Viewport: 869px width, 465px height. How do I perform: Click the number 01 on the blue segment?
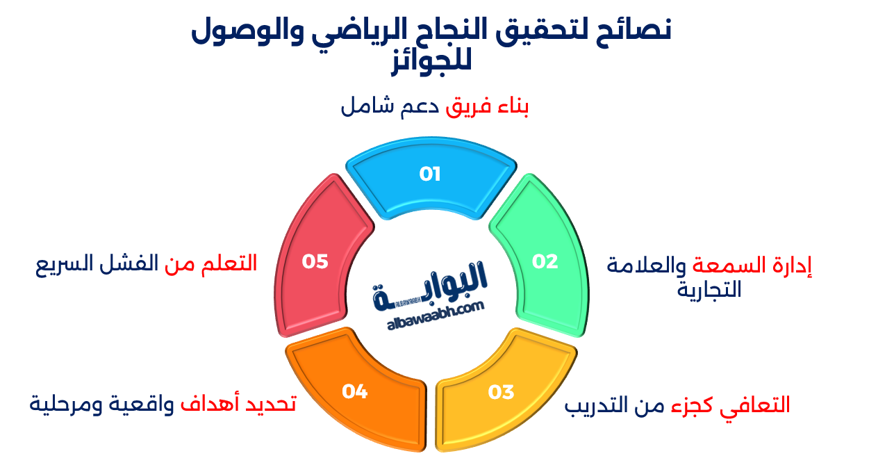(x=430, y=174)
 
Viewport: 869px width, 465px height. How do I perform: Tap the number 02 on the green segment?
(x=545, y=261)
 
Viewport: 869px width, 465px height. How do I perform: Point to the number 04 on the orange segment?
(x=354, y=391)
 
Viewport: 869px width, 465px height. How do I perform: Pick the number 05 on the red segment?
(x=315, y=261)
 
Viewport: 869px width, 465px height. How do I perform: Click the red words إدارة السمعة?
(x=753, y=266)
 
